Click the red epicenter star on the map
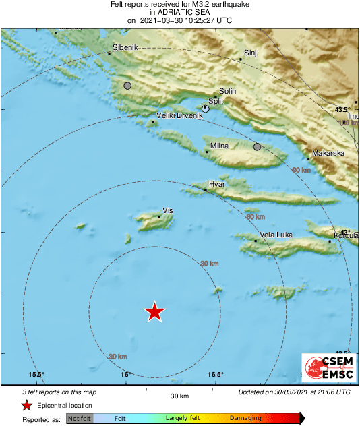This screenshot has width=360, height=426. [155, 311]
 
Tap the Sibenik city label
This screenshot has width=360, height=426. [125, 48]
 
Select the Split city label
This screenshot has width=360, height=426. [216, 101]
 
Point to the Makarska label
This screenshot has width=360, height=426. [328, 153]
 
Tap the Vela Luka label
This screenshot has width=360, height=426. [276, 235]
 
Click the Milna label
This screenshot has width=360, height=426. [220, 146]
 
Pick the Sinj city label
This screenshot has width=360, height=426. [250, 53]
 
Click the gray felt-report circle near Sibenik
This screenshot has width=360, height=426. [127, 86]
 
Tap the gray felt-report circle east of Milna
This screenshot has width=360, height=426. [257, 146]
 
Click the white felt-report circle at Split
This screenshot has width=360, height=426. [206, 108]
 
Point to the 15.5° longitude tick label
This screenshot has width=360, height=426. [36, 375]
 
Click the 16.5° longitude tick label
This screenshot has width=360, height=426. [215, 375]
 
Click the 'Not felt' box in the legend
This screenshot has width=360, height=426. [80, 419]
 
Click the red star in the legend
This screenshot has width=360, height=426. [26, 405]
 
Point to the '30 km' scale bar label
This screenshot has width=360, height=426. [179, 396]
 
